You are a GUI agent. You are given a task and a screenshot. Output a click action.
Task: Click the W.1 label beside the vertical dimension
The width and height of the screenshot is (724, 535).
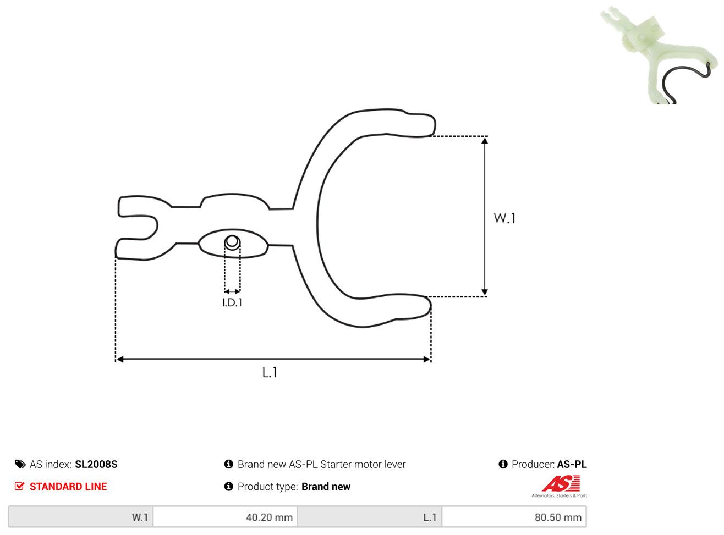tap(504, 218)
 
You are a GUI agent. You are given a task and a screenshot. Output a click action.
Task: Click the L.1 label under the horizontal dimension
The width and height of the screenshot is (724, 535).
tap(270, 372)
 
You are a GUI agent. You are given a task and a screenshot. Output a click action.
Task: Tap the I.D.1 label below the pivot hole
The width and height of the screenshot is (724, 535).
tap(232, 303)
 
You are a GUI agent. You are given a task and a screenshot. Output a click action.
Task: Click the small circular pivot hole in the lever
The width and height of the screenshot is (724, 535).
tap(232, 242)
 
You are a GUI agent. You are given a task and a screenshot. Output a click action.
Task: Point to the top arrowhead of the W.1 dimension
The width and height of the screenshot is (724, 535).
tap(485, 141)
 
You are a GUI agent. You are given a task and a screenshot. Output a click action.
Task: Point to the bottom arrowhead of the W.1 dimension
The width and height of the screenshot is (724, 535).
tap(485, 292)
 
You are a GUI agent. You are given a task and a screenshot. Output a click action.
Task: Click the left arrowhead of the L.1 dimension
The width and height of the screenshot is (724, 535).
tap(120, 359)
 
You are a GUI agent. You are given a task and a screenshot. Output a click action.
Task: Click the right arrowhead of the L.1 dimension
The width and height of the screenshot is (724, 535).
tap(426, 359)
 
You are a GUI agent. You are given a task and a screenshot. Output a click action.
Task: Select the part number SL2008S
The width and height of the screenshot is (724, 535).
tap(96, 464)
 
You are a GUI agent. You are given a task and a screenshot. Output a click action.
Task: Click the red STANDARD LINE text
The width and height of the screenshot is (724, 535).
tap(68, 487)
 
